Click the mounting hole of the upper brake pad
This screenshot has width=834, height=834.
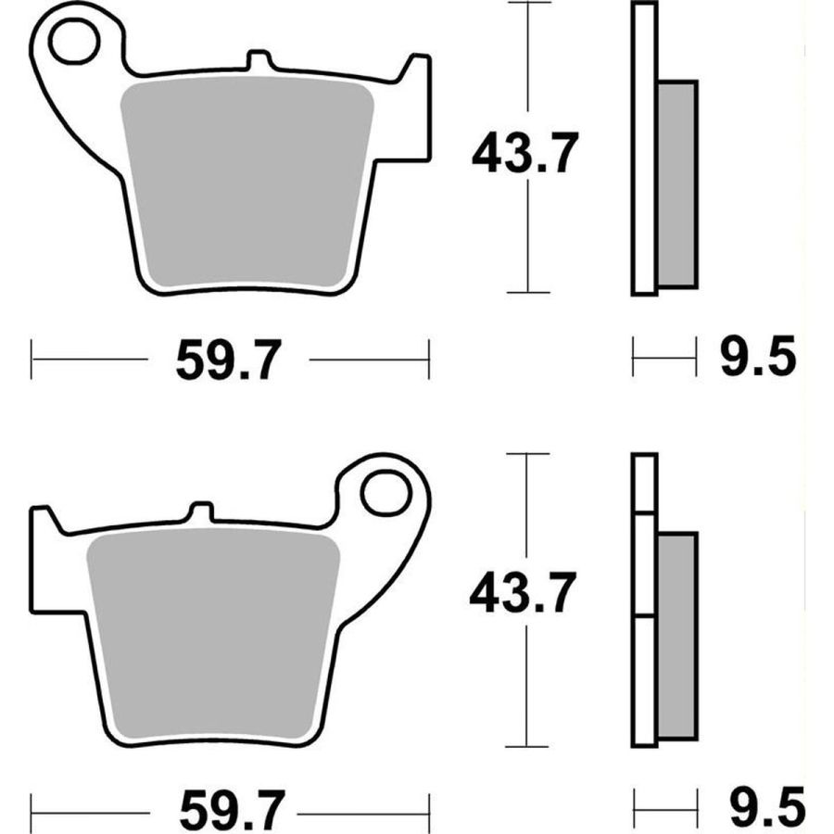tap(74, 41)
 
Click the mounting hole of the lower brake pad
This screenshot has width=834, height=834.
tap(386, 492)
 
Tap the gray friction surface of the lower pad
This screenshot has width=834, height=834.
tap(213, 634)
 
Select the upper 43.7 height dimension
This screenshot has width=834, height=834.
tap(525, 154)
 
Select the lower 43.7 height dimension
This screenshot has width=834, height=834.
tap(523, 592)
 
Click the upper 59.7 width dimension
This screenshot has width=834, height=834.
tap(228, 360)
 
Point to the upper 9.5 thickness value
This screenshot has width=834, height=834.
tap(758, 357)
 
